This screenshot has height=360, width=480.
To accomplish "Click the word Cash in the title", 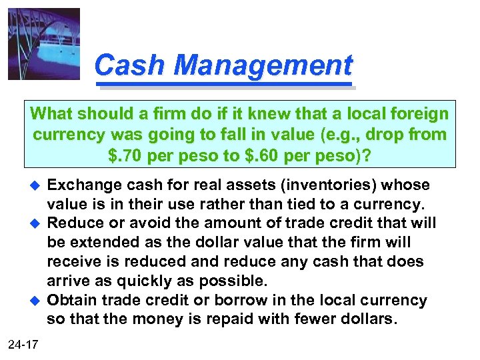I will (x=122, y=65).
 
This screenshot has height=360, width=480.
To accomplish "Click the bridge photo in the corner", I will (x=44, y=43).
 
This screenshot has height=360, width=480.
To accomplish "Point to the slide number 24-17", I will (x=23, y=344).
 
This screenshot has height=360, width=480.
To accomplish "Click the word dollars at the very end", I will (x=363, y=320).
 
